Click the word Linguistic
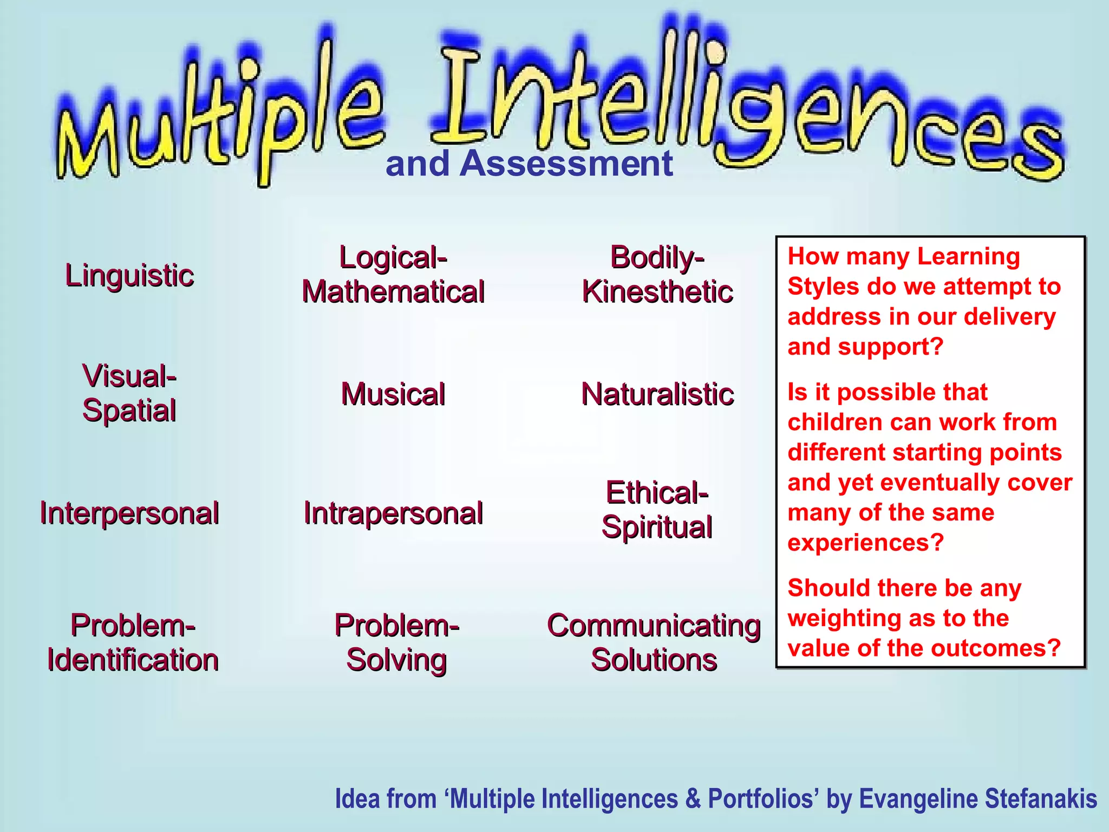point(129,275)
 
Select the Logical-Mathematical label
point(393,275)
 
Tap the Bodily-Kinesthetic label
point(657,275)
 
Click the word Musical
point(393,394)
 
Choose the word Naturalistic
point(657,394)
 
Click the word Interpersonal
point(129,513)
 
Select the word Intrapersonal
point(393,513)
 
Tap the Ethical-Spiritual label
point(657,510)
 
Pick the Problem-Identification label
point(133,642)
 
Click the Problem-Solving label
point(396,642)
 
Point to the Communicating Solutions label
point(654,642)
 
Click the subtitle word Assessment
point(565,164)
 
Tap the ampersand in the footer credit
point(693,799)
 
